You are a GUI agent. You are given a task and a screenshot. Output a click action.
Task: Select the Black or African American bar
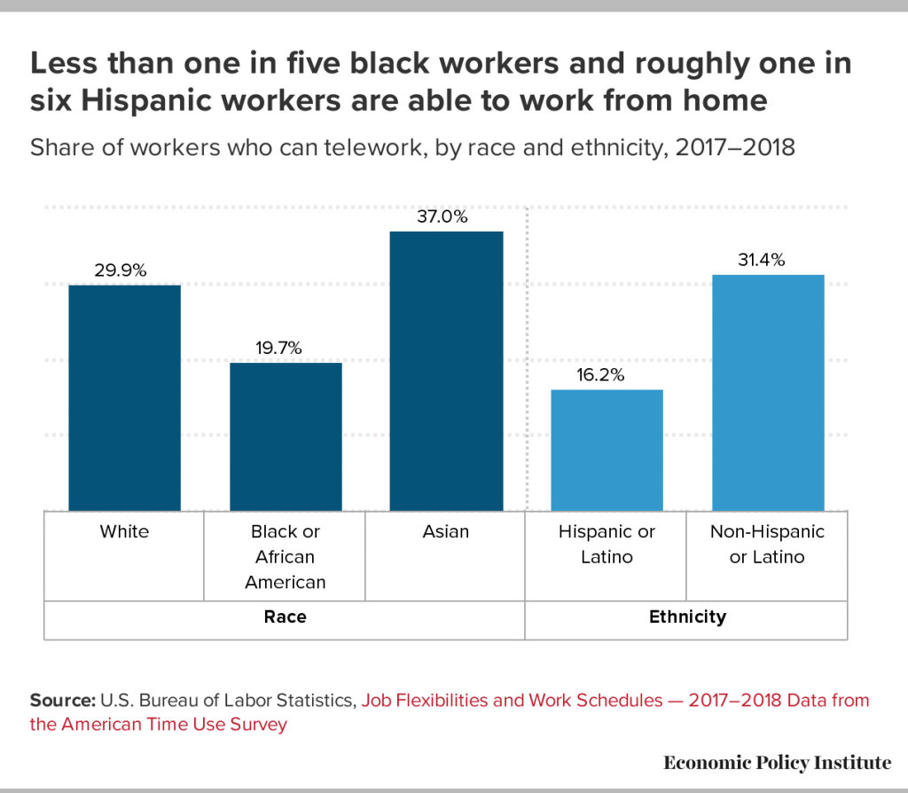coord(286,436)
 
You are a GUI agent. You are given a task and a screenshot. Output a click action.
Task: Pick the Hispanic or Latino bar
coord(607,450)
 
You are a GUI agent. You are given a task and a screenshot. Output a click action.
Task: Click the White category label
coord(124,532)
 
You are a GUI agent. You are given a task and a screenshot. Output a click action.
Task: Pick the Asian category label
coord(446,532)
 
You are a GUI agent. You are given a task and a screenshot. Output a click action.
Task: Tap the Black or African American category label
coord(286,557)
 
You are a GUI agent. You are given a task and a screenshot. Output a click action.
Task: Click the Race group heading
coord(285,616)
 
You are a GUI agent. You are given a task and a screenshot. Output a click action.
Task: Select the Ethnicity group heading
coord(686,616)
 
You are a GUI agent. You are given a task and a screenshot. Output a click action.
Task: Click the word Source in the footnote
coord(57,700)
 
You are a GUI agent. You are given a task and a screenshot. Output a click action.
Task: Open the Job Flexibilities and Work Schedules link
coord(510,700)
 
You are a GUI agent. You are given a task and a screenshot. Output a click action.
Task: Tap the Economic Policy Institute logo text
coord(777,762)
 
